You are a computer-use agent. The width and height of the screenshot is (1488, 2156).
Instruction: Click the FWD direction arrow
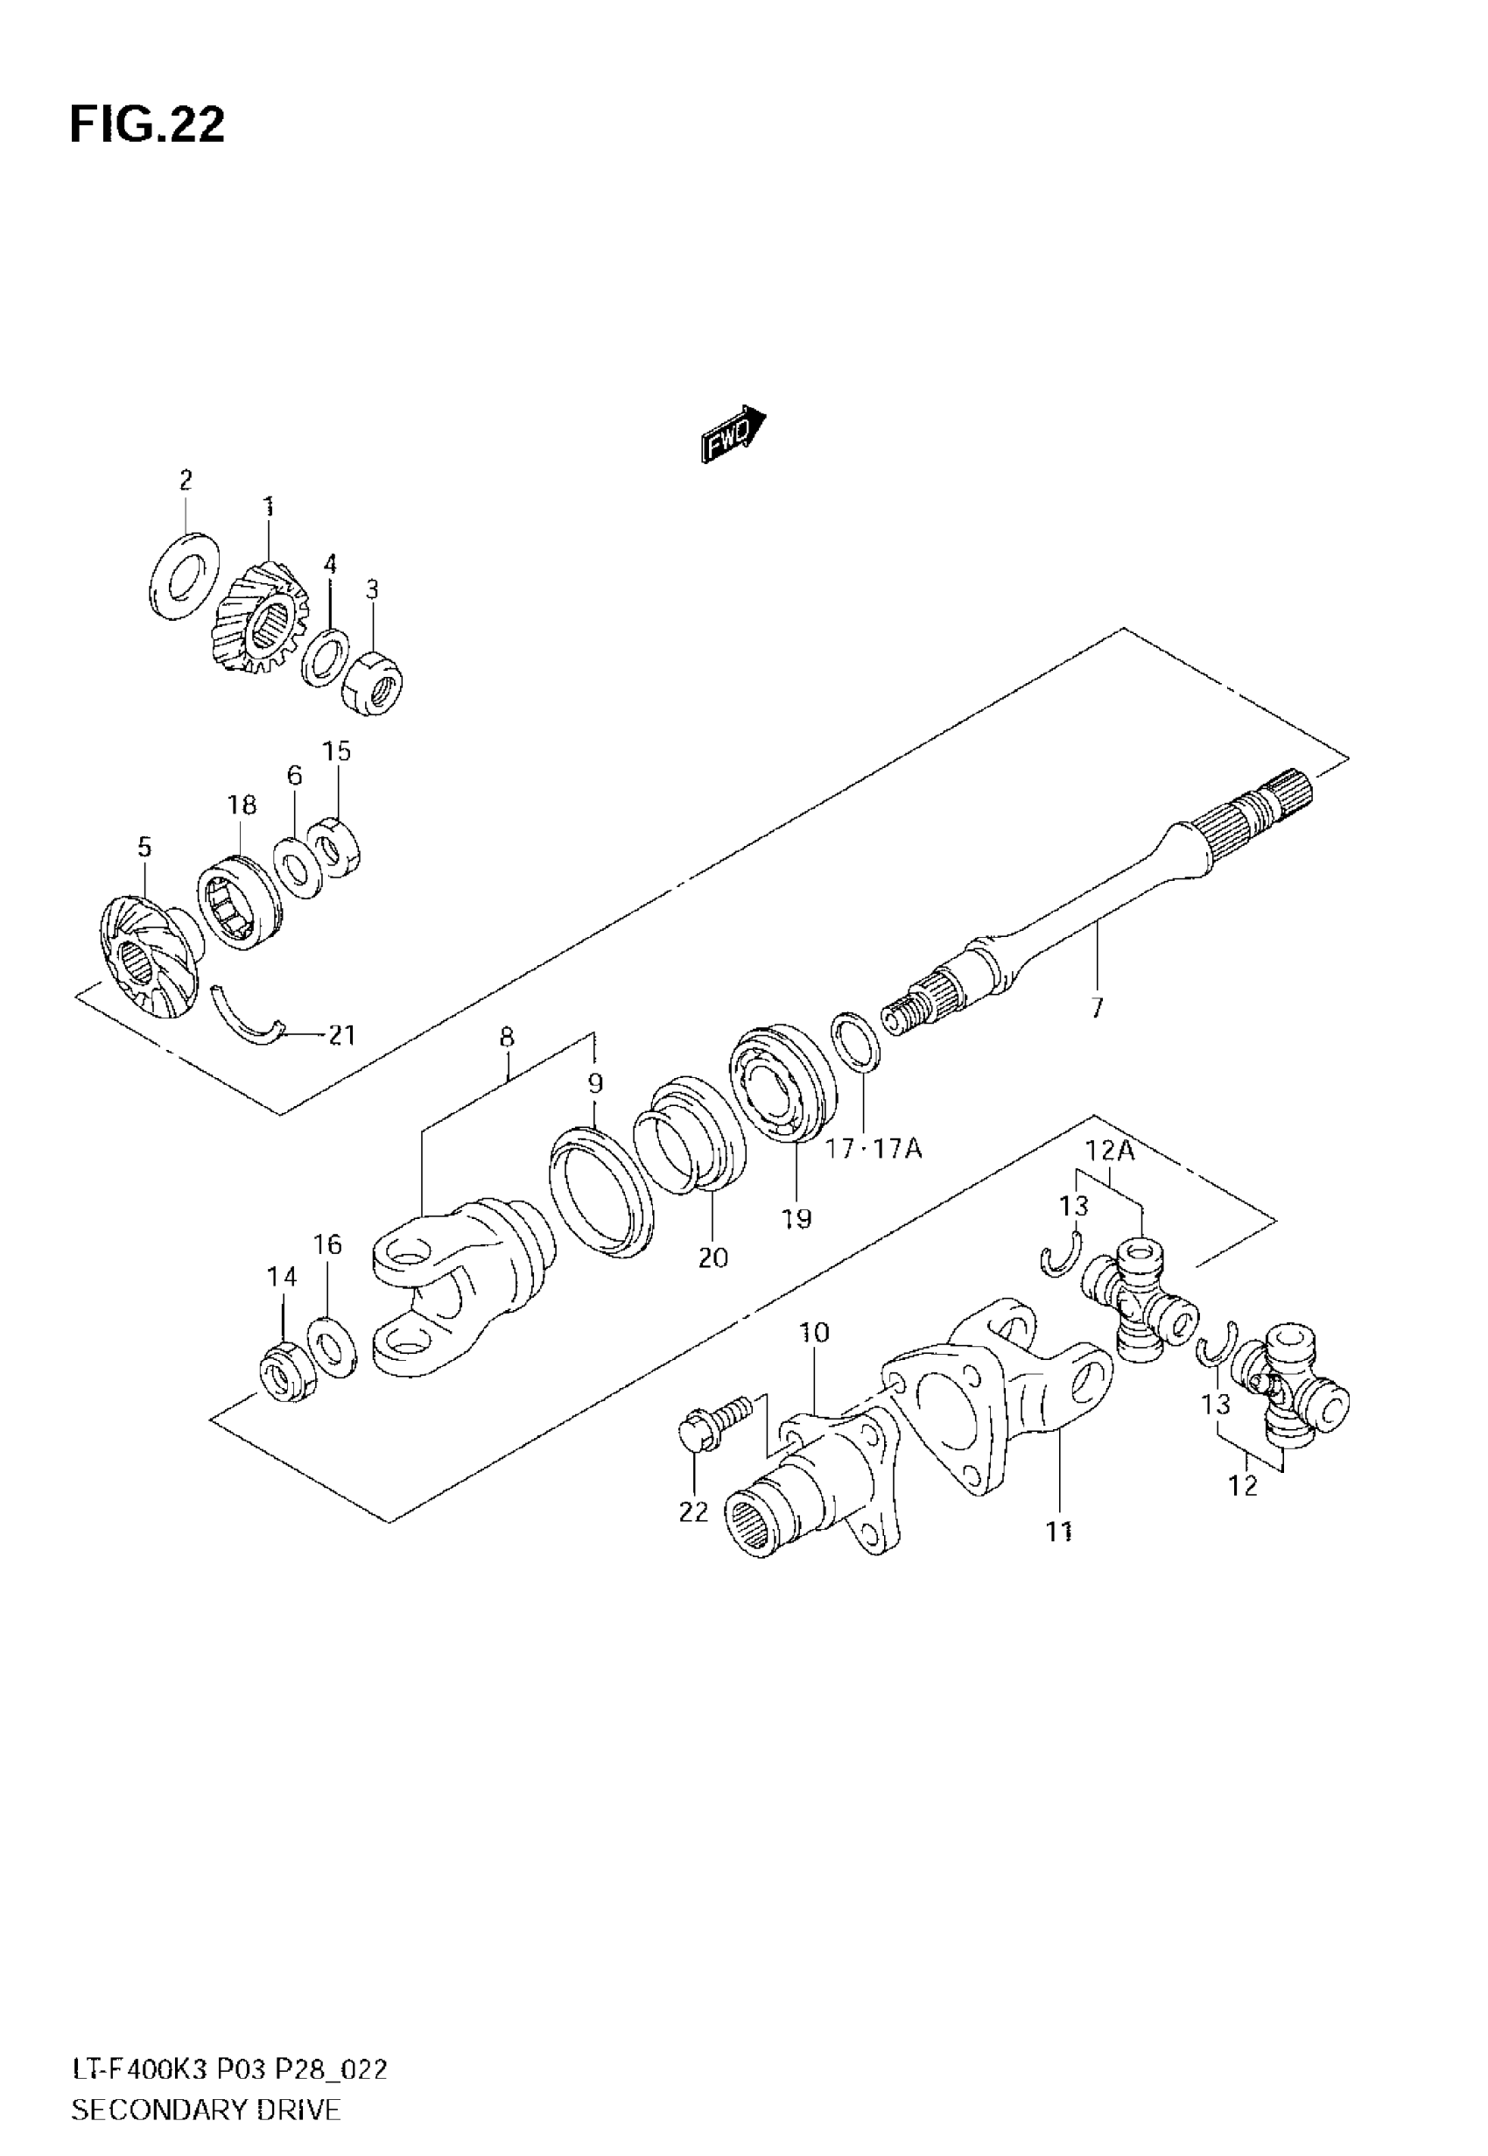coord(733,433)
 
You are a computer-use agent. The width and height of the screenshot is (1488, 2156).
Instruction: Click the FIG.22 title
coord(147,125)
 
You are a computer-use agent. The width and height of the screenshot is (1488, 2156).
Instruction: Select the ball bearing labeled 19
coord(782,1086)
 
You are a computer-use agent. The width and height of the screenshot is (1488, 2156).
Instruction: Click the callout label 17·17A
coord(874,1148)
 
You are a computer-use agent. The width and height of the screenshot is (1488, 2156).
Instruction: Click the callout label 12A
coord(1110,1152)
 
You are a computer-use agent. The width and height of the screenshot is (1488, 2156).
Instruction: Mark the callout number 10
coord(813,1333)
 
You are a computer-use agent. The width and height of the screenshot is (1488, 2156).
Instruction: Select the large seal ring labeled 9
coord(601,1191)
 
